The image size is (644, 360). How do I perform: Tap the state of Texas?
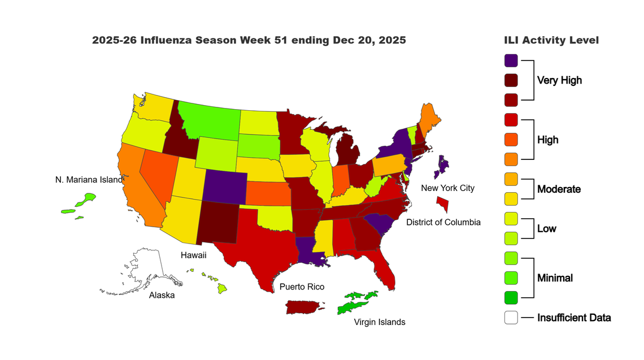click(x=257, y=243)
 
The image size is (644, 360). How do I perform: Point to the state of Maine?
click(x=432, y=119)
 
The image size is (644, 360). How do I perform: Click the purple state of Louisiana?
click(x=310, y=252)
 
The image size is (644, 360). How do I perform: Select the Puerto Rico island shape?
click(x=304, y=307)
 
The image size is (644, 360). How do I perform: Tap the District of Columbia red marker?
click(x=443, y=203)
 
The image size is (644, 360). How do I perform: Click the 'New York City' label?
click(x=447, y=188)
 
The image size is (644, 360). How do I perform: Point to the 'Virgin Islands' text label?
click(x=379, y=322)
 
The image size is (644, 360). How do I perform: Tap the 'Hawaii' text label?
click(x=193, y=255)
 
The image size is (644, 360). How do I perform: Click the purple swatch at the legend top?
click(x=511, y=60)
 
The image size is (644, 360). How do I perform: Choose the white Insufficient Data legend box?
click(x=511, y=318)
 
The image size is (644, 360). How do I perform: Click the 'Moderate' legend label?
click(x=558, y=189)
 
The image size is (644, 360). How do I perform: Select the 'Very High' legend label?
click(x=559, y=80)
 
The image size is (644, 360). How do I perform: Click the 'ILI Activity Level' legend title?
click(x=551, y=40)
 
